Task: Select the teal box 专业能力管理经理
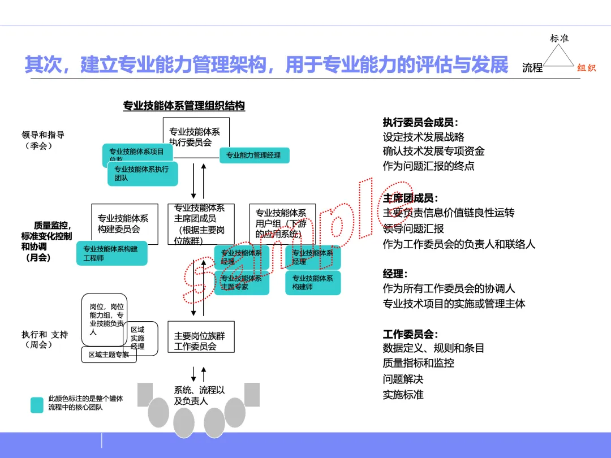pos(254,155)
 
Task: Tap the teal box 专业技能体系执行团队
pos(142,174)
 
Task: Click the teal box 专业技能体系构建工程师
pos(111,253)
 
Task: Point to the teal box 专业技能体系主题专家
pos(241,282)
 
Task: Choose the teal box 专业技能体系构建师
pos(313,282)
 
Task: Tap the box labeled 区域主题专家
pos(109,355)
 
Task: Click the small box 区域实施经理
pos(138,338)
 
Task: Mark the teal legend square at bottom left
pos(37,405)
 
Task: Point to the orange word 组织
pos(586,68)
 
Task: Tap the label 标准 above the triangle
pos(559,38)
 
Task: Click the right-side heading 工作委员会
pos(411,334)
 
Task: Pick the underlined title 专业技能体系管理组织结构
pos(184,106)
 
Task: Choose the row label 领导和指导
pos(43,135)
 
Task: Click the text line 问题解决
pos(403,379)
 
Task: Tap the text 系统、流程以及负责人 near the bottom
pos(199,395)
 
